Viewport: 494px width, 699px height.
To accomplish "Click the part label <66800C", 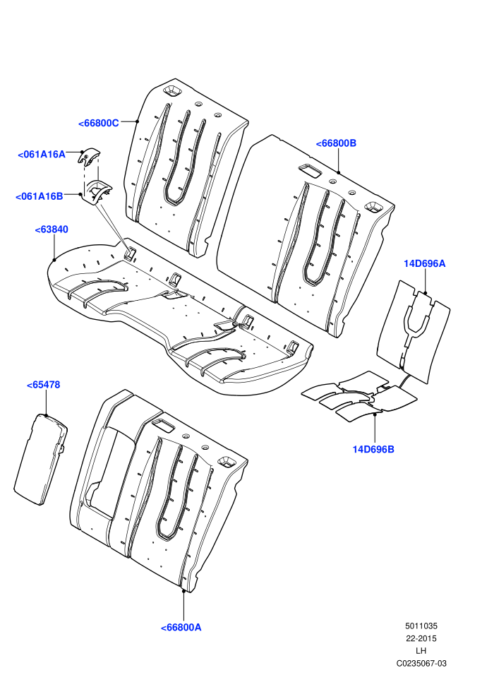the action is (x=98, y=123).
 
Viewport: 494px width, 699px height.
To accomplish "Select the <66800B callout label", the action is (x=337, y=143).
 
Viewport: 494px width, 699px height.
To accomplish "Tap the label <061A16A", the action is (x=42, y=154).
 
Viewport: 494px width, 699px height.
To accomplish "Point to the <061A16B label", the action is (x=40, y=196).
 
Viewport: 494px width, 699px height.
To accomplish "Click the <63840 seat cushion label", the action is (x=52, y=229).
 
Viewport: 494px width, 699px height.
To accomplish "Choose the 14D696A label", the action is (x=425, y=263).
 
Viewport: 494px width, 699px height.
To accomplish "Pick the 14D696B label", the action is (x=373, y=449).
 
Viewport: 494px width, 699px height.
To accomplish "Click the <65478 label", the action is (x=43, y=385).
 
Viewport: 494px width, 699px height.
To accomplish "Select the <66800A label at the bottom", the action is (x=181, y=627).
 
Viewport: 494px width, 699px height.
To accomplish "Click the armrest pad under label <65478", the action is (x=40, y=459).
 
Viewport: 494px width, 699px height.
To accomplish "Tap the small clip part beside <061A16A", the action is (x=89, y=157).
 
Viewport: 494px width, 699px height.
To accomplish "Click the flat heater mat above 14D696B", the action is (x=359, y=396).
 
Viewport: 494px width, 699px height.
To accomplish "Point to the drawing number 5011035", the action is (x=421, y=626).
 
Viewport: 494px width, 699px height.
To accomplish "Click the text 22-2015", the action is (x=421, y=638).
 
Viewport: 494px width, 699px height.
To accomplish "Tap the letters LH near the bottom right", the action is (x=421, y=651).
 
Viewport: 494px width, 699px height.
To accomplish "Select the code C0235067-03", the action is (x=421, y=663).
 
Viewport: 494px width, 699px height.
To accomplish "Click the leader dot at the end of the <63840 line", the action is (x=54, y=259).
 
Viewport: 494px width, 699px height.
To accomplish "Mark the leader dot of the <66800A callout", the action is (x=183, y=591).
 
